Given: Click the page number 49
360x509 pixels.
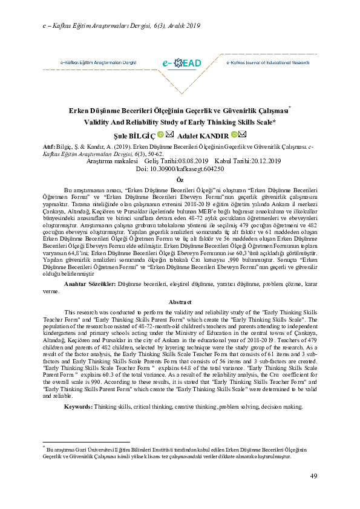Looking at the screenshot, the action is (x=314, y=476).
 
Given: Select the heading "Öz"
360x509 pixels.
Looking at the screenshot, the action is (x=180, y=180).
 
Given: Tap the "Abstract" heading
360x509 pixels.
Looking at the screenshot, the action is (x=180, y=302).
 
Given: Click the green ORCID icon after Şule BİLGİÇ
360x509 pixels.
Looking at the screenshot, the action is (x=160, y=135).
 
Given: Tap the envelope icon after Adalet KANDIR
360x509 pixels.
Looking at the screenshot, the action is (x=243, y=135).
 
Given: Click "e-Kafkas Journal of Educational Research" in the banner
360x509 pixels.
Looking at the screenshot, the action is (x=267, y=63).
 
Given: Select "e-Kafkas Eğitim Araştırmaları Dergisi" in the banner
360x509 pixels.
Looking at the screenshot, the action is (x=98, y=63).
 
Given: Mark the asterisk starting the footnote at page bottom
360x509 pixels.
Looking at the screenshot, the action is (x=44, y=448).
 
